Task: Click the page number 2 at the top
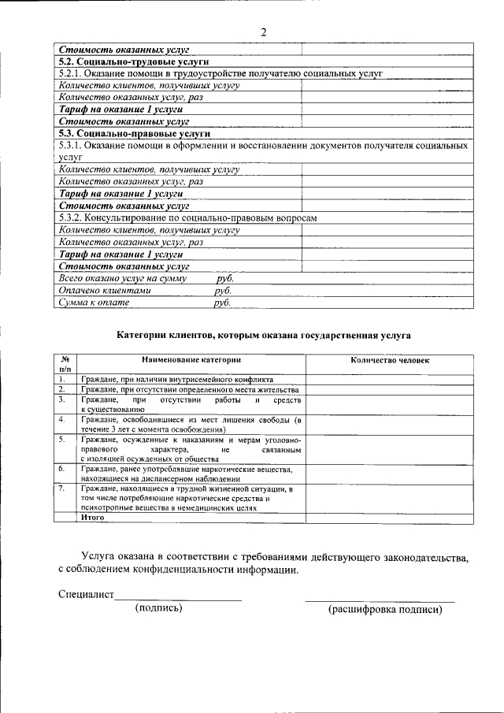[264, 32]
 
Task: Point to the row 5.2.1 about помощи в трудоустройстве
[220, 72]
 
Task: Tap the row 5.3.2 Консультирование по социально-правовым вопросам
[188, 218]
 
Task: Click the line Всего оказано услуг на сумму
[146, 278]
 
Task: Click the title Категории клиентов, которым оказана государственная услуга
[264, 335]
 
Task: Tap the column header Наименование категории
[191, 359]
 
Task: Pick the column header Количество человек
[390, 359]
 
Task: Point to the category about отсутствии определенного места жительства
[190, 390]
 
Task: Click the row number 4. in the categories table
[61, 419]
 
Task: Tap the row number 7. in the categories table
[61, 489]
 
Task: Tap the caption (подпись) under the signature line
[158, 608]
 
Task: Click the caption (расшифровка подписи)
[380, 609]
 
